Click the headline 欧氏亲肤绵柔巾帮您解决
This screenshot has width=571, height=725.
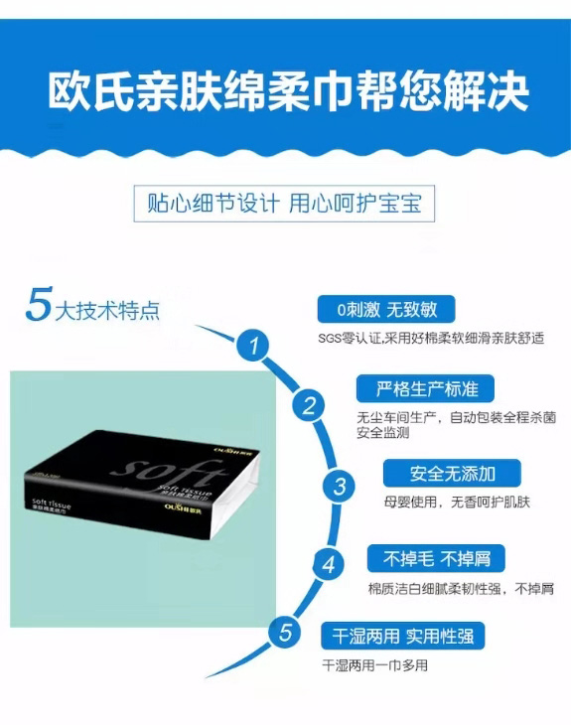tap(288, 91)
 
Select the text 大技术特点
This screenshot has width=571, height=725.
tap(106, 310)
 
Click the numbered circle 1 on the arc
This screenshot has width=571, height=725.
tap(256, 347)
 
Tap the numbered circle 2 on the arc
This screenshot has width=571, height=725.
tap(309, 405)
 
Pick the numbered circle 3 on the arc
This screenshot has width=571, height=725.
tap(340, 487)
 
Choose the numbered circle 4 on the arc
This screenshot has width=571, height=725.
tap(328, 565)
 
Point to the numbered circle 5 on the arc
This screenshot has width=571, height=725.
tap(285, 633)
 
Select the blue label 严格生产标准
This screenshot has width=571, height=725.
tap(424, 387)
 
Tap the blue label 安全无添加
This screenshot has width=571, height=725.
tap(452, 473)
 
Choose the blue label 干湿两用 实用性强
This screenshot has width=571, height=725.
tap(402, 635)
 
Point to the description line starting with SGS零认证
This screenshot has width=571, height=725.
tap(432, 338)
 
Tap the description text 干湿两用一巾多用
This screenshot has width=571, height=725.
tap(375, 664)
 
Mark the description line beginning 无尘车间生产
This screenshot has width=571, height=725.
tap(455, 418)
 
